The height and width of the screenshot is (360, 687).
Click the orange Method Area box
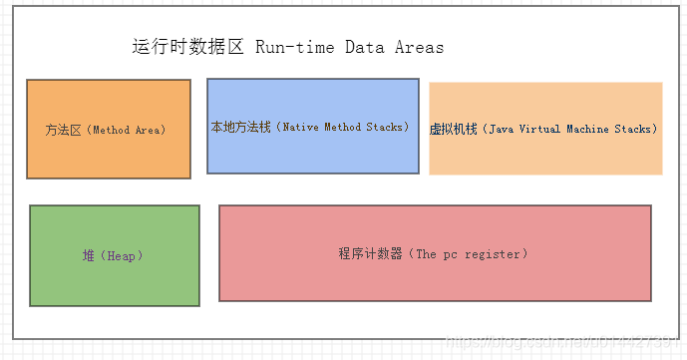(108, 130)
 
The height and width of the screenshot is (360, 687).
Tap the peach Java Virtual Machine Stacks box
(545, 129)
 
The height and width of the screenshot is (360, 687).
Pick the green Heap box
(114, 255)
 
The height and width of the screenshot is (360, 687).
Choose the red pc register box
(435, 253)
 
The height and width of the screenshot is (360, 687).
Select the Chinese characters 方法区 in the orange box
(64, 131)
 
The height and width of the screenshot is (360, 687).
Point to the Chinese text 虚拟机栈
(454, 130)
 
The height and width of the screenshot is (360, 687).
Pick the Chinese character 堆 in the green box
(89, 256)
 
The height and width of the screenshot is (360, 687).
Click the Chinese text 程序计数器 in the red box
(371, 254)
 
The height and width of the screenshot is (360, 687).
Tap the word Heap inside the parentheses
(123, 256)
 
